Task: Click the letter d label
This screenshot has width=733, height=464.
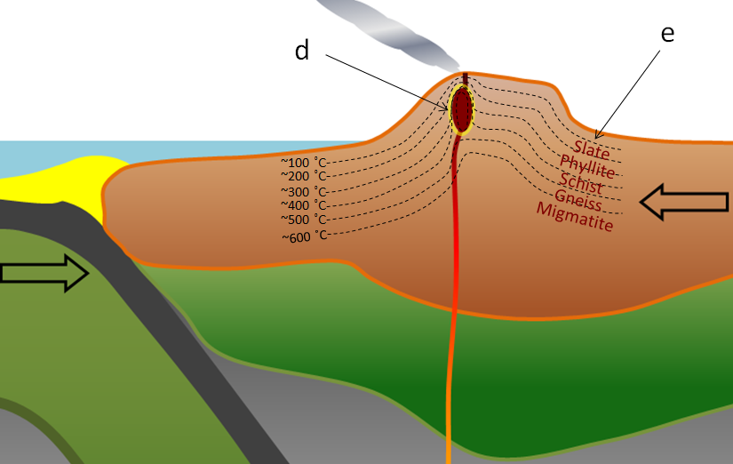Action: tap(302, 51)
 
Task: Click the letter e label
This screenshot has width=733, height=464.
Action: tap(667, 35)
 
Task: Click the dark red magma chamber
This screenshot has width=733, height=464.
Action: tap(462, 109)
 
